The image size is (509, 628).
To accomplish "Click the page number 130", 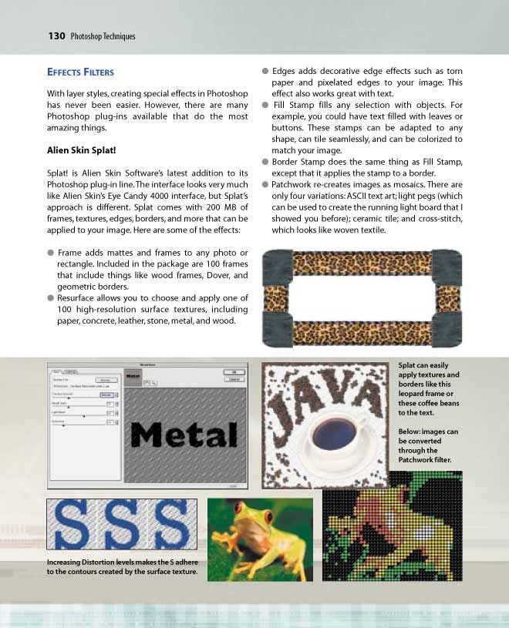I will click(56, 35).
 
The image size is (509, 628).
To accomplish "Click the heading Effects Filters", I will click(80, 72).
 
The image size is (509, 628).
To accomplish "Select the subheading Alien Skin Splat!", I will click(83, 150).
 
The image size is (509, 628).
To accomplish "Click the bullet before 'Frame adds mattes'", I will click(50, 253).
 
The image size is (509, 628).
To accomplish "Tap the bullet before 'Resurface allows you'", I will click(50, 297).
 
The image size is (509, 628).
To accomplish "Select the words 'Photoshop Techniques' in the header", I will click(103, 36).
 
